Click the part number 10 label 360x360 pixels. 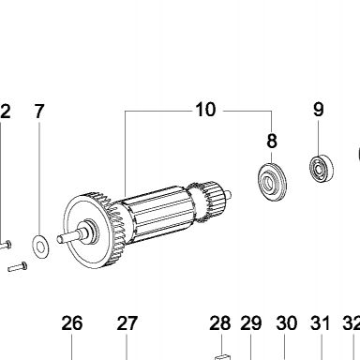tap(205, 110)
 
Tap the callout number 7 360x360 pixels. tap(39, 112)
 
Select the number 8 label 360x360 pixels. tap(272, 141)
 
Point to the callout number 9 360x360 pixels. tap(318, 110)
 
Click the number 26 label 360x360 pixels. tap(72, 323)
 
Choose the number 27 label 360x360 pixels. tap(127, 323)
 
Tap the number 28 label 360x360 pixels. tap(220, 323)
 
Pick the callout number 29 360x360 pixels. tap(251, 323)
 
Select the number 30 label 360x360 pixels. tap(286, 323)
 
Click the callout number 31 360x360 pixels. tap(321, 323)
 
